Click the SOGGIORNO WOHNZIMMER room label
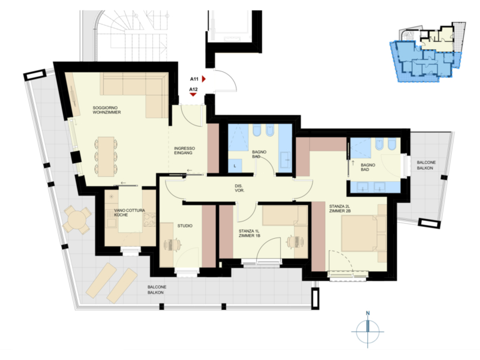pyautogui.click(x=107, y=110)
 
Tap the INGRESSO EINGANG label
pyautogui.click(x=184, y=151)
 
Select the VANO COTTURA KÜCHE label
pyautogui.click(x=130, y=213)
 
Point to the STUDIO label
pyautogui.click(x=185, y=226)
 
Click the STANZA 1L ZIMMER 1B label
pyautogui.click(x=249, y=233)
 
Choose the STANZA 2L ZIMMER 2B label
pyautogui.click(x=340, y=209)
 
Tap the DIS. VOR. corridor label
pyautogui.click(x=239, y=188)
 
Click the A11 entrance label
pyautogui.click(x=194, y=79)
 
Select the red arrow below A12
pyautogui.click(x=193, y=95)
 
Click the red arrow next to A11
pyautogui.click(x=203, y=79)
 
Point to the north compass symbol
pyautogui.click(x=368, y=329)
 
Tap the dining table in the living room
pyautogui.click(x=106, y=157)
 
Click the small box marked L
pyautogui.click(x=235, y=166)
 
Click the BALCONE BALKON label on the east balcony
pyautogui.click(x=426, y=165)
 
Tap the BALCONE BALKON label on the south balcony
pyautogui.click(x=157, y=290)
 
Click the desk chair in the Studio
pyautogui.click(x=176, y=244)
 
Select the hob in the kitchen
pyautogui.click(x=149, y=220)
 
